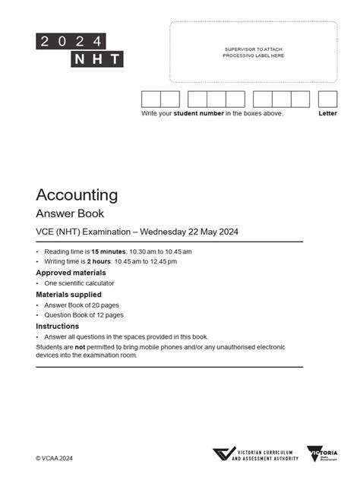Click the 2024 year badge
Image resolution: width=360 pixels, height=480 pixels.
(x=70, y=41)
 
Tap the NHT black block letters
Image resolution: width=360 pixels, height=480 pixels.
(x=96, y=59)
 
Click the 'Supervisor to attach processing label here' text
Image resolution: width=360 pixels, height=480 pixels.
(x=254, y=52)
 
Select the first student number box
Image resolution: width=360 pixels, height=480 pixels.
(x=150, y=99)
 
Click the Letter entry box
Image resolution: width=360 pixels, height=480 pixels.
(x=327, y=99)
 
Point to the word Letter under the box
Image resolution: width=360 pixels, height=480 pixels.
(x=327, y=113)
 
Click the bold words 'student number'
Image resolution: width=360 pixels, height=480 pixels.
(x=198, y=113)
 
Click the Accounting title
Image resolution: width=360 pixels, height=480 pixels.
(x=77, y=195)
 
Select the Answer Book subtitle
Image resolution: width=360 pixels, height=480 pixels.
(x=70, y=213)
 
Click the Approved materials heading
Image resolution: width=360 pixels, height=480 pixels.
(x=71, y=272)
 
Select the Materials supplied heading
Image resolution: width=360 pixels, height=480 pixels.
(x=68, y=294)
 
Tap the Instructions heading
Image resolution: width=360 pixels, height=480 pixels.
(x=58, y=326)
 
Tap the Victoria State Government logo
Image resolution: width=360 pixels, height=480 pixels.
(x=322, y=455)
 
